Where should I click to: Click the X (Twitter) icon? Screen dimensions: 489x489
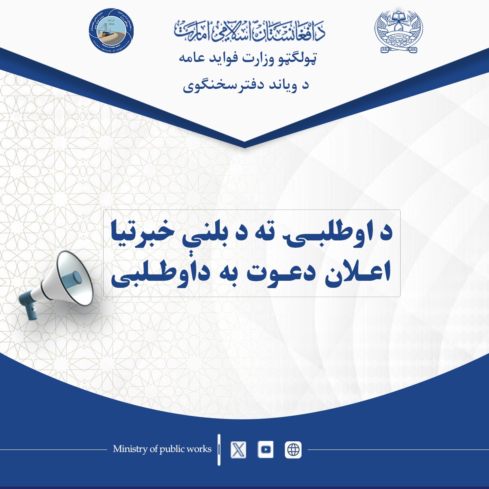[x=238, y=450]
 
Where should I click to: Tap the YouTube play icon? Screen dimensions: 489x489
[x=266, y=450]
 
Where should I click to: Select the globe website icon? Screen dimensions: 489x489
[x=293, y=450]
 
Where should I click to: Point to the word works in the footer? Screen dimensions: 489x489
[x=198, y=449]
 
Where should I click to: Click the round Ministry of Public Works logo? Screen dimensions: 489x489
[x=111, y=31]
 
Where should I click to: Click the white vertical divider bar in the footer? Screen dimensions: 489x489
[x=219, y=449]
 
